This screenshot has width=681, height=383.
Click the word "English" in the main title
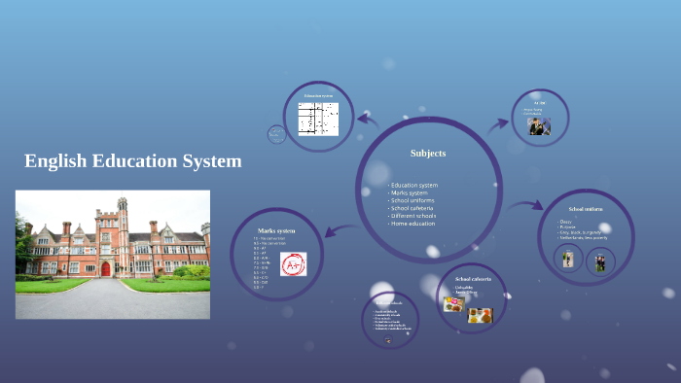[56, 161]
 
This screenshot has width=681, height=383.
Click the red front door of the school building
[106, 267]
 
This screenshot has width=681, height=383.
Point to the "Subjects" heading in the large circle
[428, 153]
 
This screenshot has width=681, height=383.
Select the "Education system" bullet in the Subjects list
[414, 185]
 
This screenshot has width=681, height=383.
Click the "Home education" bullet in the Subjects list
[413, 224]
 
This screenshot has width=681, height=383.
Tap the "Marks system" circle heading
[276, 230]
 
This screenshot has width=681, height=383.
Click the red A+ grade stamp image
[293, 263]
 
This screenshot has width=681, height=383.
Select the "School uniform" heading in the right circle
[586, 209]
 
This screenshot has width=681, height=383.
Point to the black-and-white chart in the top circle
[318, 119]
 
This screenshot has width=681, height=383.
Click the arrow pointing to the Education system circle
[369, 120]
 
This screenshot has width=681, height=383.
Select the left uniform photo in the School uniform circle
[569, 260]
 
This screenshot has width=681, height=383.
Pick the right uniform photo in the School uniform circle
[600, 261]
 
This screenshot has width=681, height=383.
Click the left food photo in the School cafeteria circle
[453, 304]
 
